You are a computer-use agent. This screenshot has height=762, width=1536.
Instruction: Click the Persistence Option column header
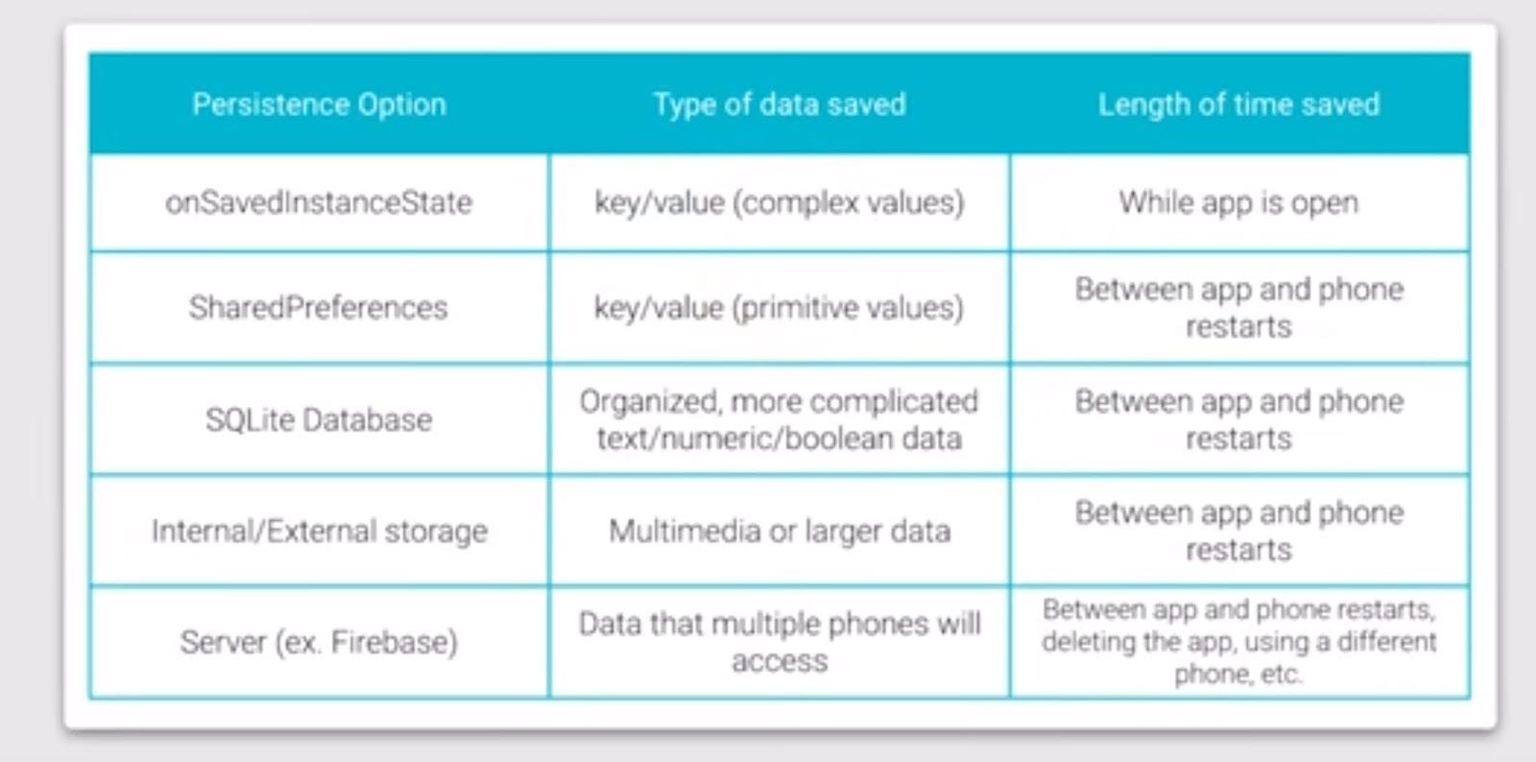(319, 104)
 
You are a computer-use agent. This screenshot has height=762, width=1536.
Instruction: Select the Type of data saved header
(780, 104)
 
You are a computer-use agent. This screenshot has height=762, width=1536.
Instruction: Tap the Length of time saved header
(1238, 104)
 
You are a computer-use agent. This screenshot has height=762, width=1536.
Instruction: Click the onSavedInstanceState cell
(319, 202)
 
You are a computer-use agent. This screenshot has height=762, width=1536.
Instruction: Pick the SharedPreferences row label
(319, 307)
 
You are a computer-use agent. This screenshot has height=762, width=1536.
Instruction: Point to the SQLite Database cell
(319, 419)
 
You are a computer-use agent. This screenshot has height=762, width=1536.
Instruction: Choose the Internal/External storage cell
(319, 531)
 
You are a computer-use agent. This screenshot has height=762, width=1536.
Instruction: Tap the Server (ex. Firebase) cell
(319, 642)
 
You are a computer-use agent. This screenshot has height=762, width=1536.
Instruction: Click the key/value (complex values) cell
(780, 202)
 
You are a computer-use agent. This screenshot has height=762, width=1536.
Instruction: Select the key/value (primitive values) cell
(780, 307)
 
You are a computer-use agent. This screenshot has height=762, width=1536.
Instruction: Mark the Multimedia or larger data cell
(780, 531)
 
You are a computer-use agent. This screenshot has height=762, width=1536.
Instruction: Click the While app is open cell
(1238, 202)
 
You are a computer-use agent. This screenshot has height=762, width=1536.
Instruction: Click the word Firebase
(394, 642)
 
